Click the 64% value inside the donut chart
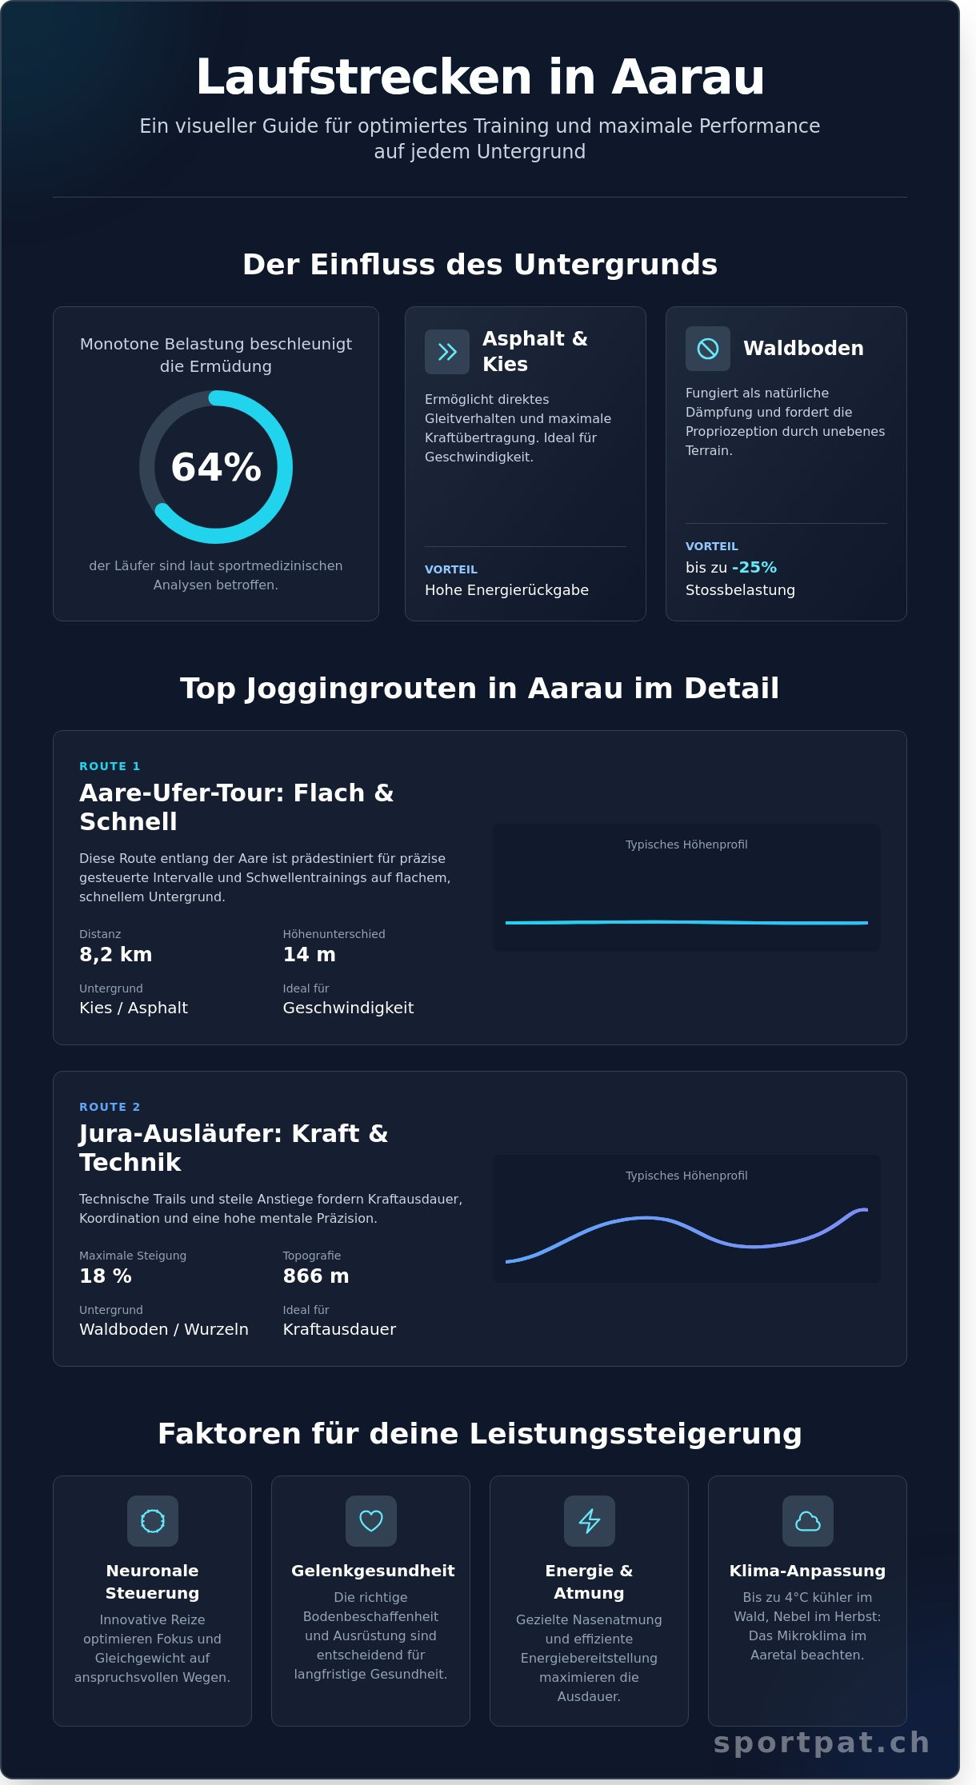(216, 467)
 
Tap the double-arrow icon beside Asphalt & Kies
(447, 352)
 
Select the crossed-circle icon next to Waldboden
(708, 349)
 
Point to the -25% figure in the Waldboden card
(754, 567)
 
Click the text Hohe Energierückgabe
(506, 590)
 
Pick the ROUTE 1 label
(110, 766)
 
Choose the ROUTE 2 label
(110, 1107)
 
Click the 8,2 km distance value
(115, 954)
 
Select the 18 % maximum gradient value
(106, 1276)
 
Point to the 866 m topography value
(315, 1276)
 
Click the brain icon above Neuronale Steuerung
(153, 1521)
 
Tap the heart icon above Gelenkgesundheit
(371, 1521)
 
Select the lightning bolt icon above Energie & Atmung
(590, 1521)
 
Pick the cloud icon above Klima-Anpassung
(808, 1521)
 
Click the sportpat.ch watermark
(822, 1742)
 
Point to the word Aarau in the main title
(688, 78)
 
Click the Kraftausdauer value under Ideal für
(339, 1329)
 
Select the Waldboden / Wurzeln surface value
(164, 1329)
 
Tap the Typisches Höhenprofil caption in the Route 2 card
(686, 1176)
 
